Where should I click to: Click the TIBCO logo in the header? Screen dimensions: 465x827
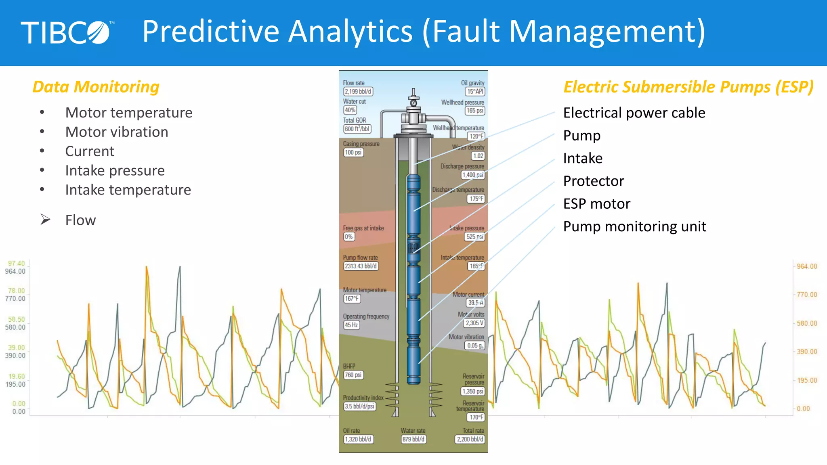67,32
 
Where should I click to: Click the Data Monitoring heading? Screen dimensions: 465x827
96,87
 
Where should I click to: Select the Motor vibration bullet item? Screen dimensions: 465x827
116,132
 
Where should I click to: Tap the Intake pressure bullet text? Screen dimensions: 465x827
115,171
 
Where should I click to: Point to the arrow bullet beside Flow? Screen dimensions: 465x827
45,220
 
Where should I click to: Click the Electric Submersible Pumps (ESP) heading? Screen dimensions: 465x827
688,87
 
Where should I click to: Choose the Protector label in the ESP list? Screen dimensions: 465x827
593,181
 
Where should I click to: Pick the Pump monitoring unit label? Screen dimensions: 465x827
634,226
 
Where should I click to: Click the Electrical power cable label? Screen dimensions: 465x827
634,113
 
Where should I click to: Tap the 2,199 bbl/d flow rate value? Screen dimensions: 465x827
358,92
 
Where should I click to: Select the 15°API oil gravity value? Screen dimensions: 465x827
475,92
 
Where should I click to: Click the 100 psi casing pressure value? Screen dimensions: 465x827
353,153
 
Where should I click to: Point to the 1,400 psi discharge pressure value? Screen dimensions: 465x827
472,175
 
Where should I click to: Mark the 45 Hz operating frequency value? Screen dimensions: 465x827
351,325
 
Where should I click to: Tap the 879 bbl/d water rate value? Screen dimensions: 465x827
413,439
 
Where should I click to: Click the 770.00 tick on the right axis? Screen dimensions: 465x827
806,295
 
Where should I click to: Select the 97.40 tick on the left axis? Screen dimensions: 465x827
16,263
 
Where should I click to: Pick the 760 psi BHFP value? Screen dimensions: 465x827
353,375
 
